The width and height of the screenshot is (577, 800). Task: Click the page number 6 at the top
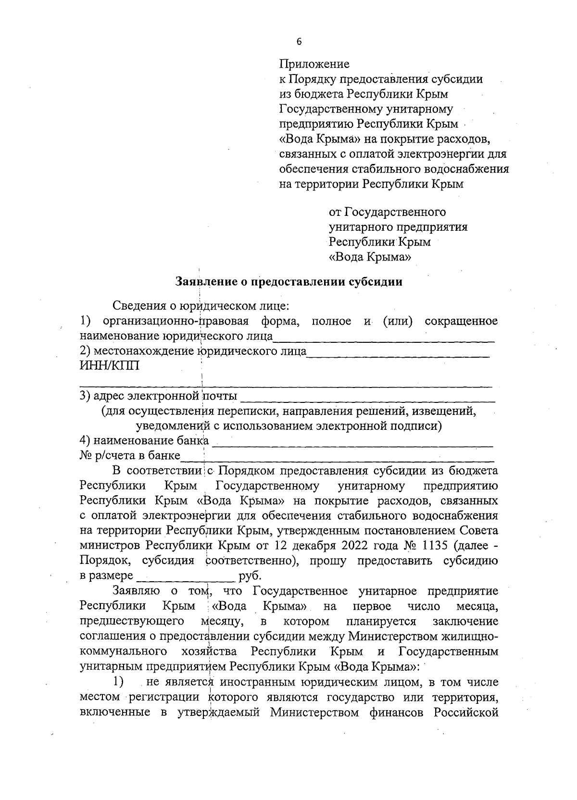coord(299,42)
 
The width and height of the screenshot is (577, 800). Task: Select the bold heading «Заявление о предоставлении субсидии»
coord(288,282)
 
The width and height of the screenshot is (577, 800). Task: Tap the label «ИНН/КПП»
coord(110,366)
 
